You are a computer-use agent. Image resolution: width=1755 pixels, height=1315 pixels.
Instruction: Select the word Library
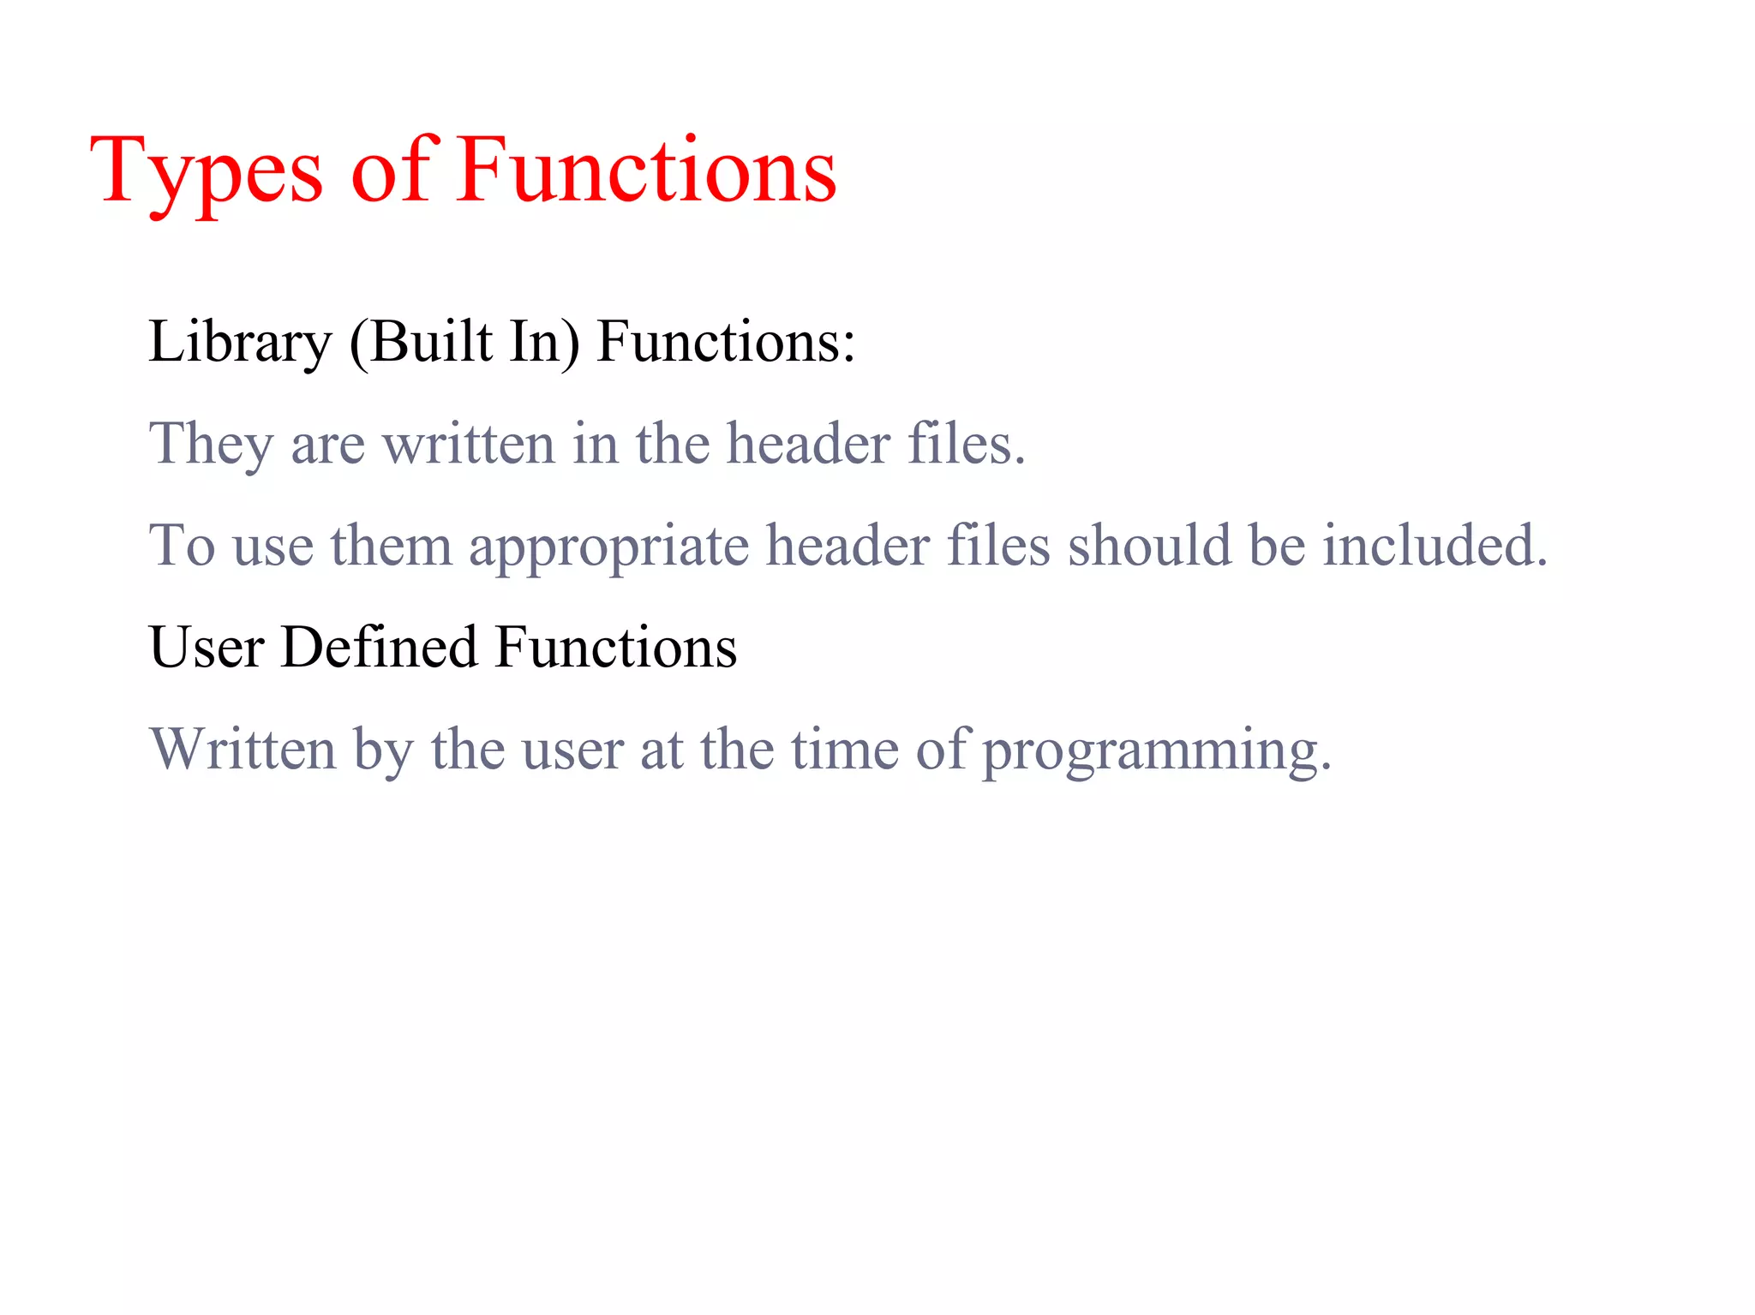tap(239, 344)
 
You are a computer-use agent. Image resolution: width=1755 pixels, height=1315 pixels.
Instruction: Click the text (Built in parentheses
tap(421, 342)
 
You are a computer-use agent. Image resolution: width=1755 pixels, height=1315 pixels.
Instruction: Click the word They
tap(211, 445)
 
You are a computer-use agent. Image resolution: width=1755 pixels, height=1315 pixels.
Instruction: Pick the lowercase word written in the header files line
tap(468, 445)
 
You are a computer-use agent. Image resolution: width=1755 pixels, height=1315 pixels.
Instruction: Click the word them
tap(391, 546)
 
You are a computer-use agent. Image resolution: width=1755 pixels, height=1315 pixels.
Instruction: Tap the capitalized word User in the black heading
tap(206, 648)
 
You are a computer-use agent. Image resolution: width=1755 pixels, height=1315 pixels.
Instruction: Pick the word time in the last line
tap(844, 750)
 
